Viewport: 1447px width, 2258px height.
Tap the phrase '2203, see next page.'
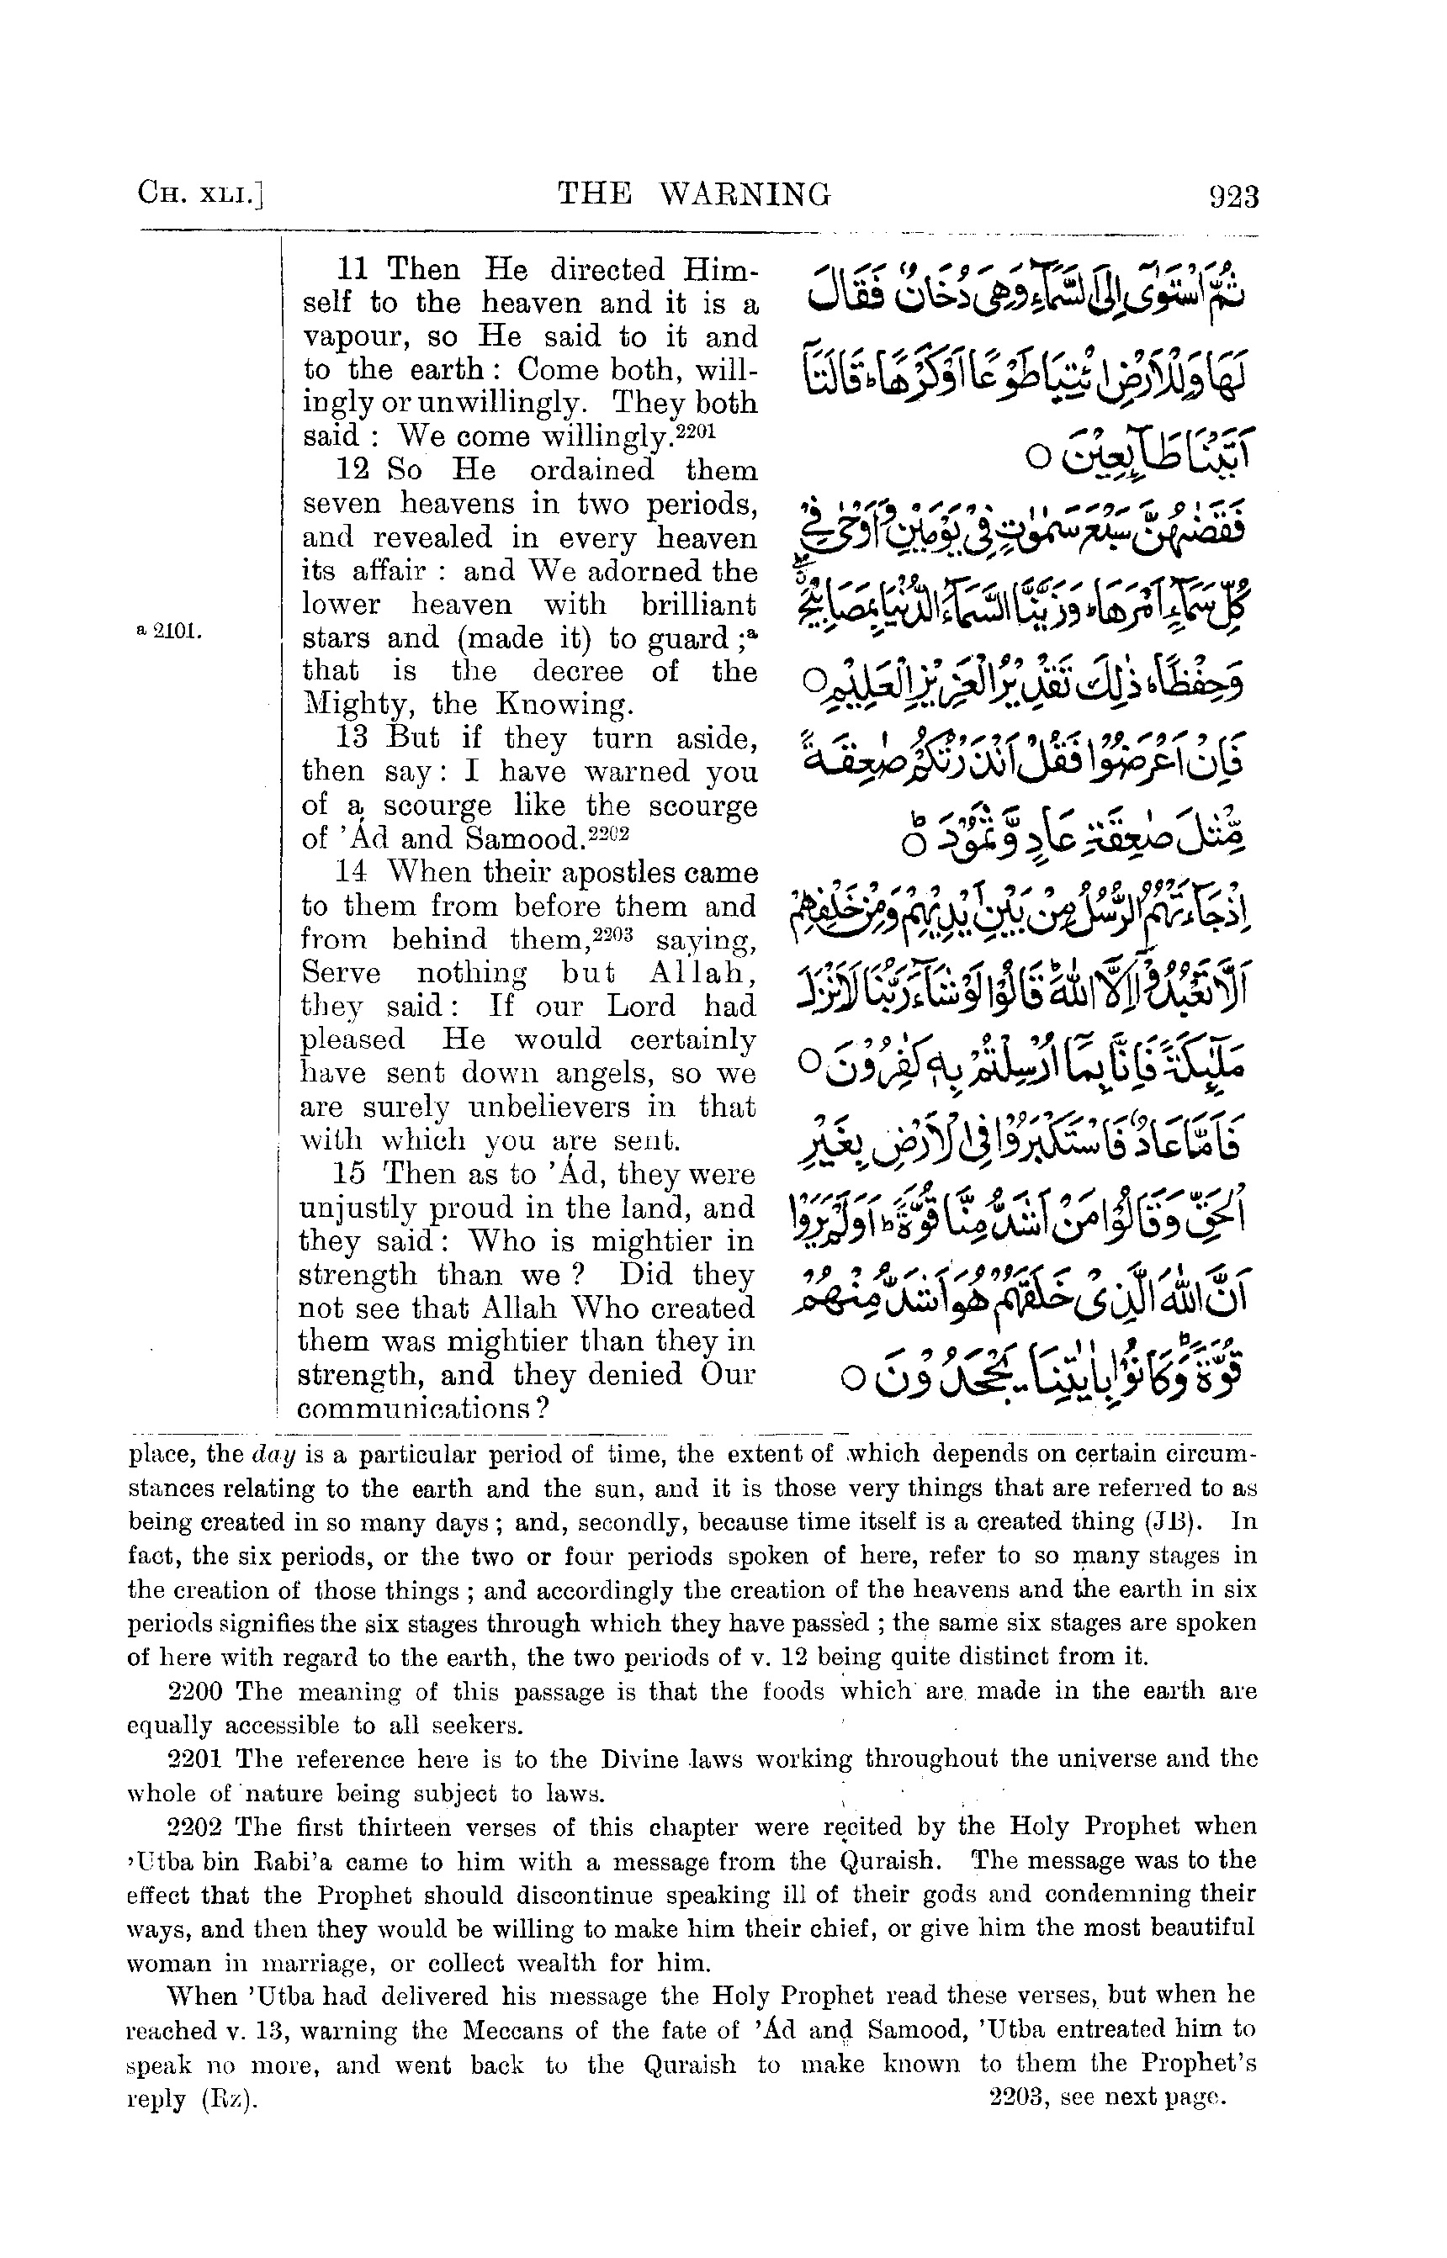(1110, 2097)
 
